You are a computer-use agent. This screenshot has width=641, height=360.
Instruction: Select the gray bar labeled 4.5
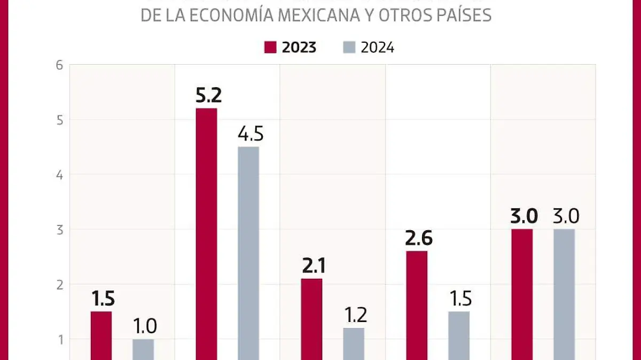(248, 253)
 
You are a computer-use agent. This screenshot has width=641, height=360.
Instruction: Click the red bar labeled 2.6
(417, 305)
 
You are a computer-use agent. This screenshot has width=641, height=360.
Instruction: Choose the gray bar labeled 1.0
(143, 349)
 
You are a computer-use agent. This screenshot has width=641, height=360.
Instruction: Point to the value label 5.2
(208, 96)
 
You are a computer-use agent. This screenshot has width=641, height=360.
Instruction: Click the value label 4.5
(250, 134)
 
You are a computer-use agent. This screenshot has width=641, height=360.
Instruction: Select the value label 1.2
(355, 315)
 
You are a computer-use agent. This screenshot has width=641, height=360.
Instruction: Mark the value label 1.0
(145, 326)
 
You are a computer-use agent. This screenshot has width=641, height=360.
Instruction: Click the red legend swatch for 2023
(270, 48)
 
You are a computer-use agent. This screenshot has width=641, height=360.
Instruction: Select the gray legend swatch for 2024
(348, 48)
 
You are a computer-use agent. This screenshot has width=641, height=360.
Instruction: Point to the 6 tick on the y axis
(59, 65)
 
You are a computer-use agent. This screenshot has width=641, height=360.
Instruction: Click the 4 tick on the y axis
(59, 175)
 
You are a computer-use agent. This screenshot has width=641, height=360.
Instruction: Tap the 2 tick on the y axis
(59, 284)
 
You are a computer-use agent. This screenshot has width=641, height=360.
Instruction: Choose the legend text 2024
(378, 48)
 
